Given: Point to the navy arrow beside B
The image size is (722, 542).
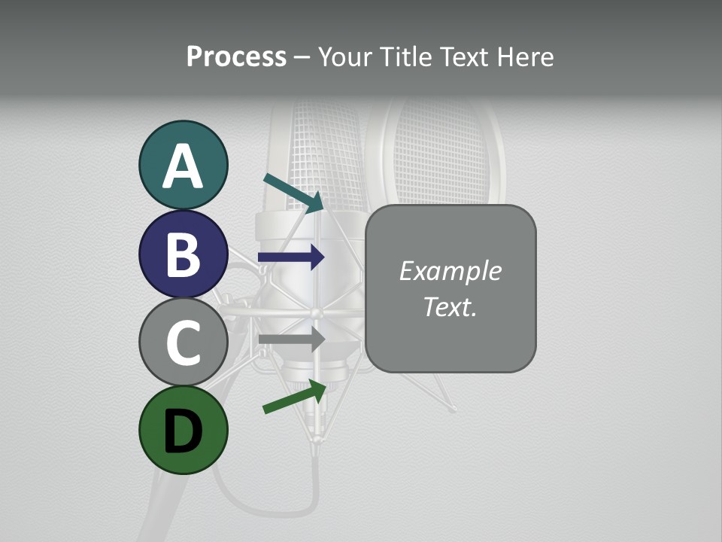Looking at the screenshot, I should (x=291, y=257).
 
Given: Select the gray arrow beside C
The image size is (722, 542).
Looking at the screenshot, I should (x=291, y=339).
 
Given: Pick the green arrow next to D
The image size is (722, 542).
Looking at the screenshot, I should (x=295, y=397).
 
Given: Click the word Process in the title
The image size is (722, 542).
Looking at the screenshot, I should (x=236, y=57).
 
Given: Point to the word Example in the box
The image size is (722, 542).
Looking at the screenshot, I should (x=450, y=271).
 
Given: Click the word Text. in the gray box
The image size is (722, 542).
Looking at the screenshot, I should (x=450, y=306).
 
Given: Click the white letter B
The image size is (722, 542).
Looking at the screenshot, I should (x=183, y=254).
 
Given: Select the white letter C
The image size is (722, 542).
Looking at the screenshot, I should (x=183, y=343).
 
